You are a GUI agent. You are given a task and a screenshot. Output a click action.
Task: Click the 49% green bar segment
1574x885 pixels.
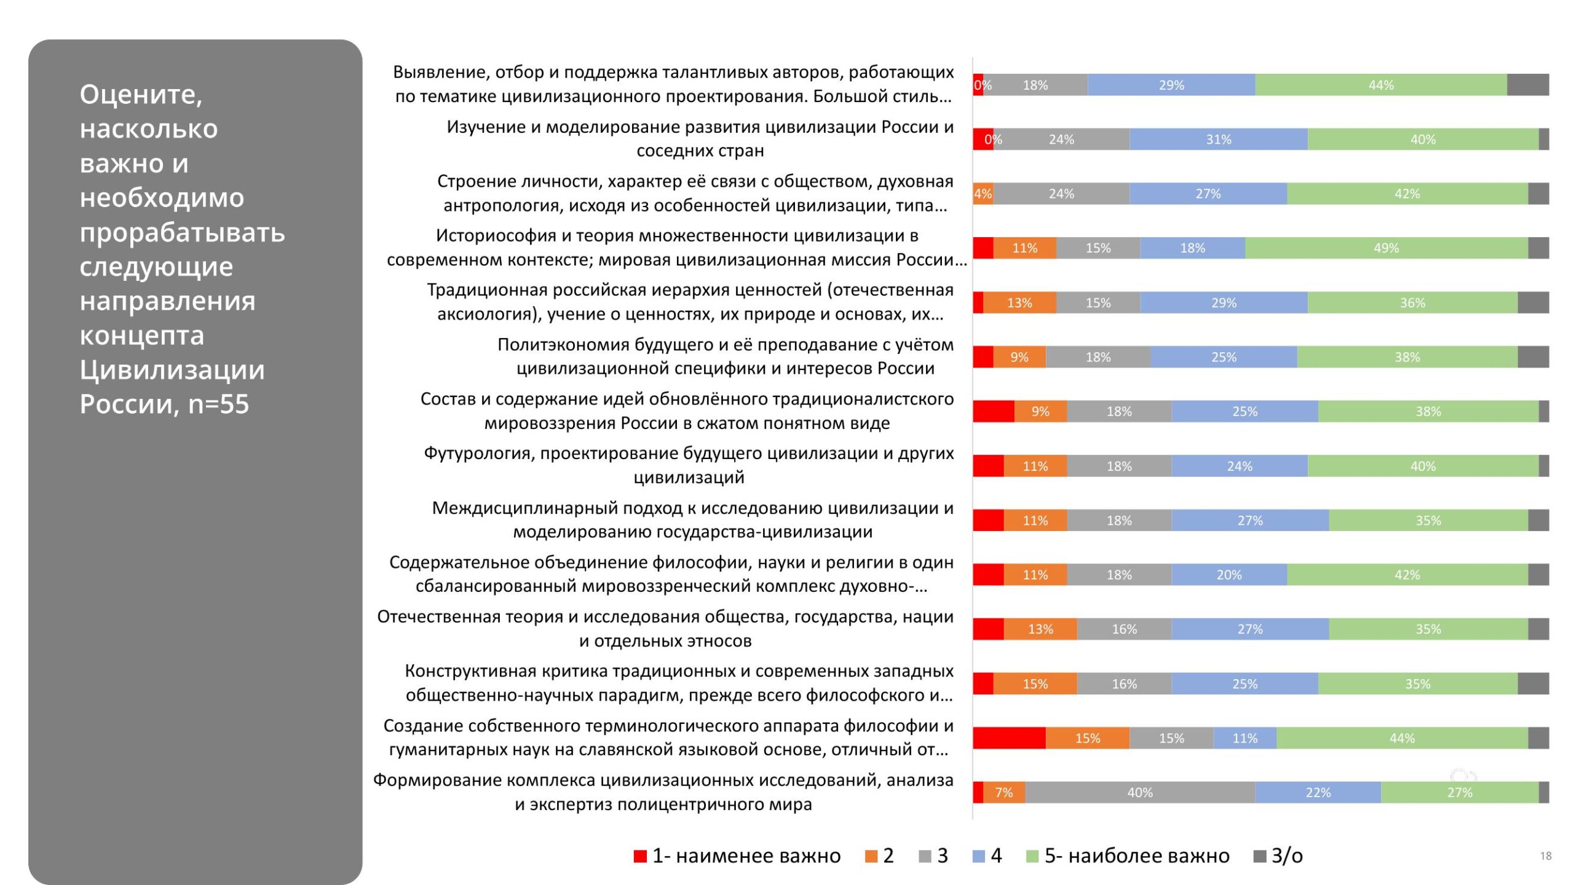pyautogui.click(x=1386, y=248)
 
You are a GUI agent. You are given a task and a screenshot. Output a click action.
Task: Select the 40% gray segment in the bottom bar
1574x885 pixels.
pyautogui.click(x=1139, y=793)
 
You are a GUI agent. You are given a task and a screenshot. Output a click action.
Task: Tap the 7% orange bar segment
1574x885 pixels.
pyautogui.click(x=1003, y=793)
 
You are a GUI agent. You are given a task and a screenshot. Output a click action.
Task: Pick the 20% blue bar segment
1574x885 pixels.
pyautogui.click(x=1228, y=575)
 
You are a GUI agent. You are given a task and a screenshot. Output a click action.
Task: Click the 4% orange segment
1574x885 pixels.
pyautogui.click(x=983, y=194)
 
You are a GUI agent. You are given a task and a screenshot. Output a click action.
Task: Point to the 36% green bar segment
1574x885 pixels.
pyautogui.click(x=1412, y=303)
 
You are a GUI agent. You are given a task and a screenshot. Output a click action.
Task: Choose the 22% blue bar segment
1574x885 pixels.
pyautogui.click(x=1318, y=793)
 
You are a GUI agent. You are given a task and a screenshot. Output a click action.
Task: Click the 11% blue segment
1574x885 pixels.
pyautogui.click(x=1244, y=738)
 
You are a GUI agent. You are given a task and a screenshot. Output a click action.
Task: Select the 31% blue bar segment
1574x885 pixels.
pyautogui.click(x=1218, y=140)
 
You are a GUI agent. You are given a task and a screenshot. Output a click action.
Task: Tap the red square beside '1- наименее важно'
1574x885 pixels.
pyautogui.click(x=640, y=856)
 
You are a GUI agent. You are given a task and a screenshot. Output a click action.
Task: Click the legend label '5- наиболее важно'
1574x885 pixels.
pyautogui.click(x=1137, y=855)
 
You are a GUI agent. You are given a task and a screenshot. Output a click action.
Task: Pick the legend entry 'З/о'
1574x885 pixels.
pyautogui.click(x=1287, y=855)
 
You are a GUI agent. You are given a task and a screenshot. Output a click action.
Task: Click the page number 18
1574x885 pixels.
pyautogui.click(x=1546, y=856)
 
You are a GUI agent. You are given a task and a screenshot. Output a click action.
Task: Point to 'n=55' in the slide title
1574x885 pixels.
pyautogui.click(x=218, y=404)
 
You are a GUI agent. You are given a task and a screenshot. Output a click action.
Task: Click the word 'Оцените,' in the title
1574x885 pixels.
pyautogui.click(x=141, y=95)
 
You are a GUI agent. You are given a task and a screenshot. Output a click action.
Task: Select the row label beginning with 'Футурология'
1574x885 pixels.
pyautogui.click(x=689, y=465)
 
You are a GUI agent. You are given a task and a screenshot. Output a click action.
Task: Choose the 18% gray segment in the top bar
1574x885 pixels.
pyautogui.click(x=1035, y=85)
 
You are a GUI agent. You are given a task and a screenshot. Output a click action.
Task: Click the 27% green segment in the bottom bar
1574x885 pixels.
pyautogui.click(x=1459, y=793)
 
